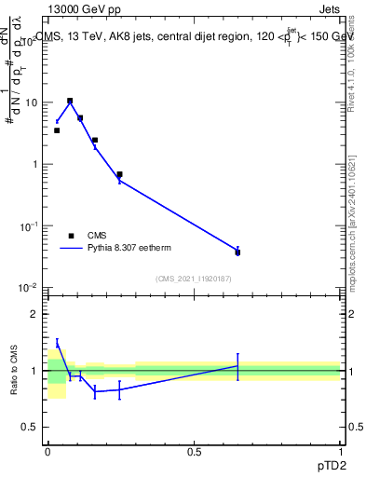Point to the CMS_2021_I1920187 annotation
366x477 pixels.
pyautogui.click(x=193, y=279)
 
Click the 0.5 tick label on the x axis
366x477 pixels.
pyautogui.click(x=194, y=452)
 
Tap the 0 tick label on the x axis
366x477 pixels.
pyautogui.click(x=47, y=452)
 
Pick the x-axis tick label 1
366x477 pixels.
pyautogui.click(x=340, y=452)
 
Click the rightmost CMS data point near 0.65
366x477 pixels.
pyautogui.click(x=237, y=252)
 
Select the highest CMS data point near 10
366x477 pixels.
pyautogui.click(x=70, y=101)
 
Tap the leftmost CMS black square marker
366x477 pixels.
pyautogui.click(x=57, y=130)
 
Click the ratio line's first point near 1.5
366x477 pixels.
pyautogui.click(x=57, y=344)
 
